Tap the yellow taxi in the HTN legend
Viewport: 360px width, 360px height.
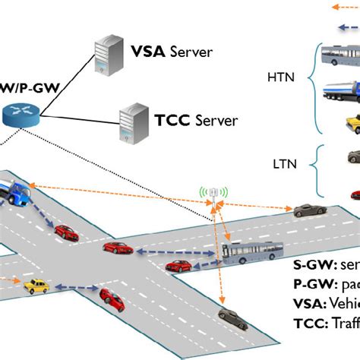(352, 124)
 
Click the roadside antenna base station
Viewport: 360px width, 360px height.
(216, 194)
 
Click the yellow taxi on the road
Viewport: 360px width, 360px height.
(35, 286)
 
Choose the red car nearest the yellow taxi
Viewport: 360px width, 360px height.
(112, 300)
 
